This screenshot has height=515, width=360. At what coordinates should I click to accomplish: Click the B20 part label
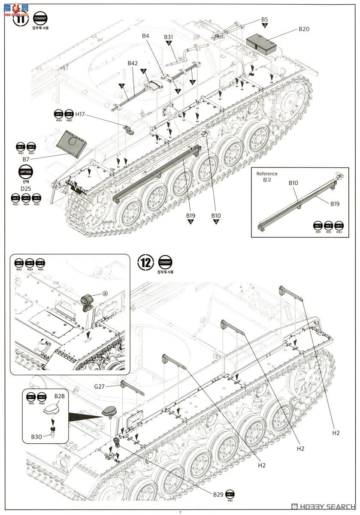[x=304, y=29]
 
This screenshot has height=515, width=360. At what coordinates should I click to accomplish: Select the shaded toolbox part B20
[x=263, y=43]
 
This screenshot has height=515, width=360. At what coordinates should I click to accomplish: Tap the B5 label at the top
[x=264, y=19]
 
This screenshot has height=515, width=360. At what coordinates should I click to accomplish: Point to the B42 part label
[x=133, y=63]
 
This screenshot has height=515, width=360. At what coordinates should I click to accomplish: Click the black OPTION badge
[x=25, y=172]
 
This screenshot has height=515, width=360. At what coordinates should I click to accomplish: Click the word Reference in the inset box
[x=267, y=174]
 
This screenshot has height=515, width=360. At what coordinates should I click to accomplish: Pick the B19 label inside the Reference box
[x=335, y=204]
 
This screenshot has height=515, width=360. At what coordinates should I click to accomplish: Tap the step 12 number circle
[x=145, y=262]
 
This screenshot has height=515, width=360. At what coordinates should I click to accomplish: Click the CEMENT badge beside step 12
[x=165, y=262]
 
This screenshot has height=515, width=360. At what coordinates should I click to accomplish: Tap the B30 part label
[x=36, y=436]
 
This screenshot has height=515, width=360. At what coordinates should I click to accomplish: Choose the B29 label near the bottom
[x=218, y=494]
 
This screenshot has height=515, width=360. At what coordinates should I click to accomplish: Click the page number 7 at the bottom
[x=180, y=512]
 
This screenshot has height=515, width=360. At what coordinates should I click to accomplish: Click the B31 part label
[x=169, y=37]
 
